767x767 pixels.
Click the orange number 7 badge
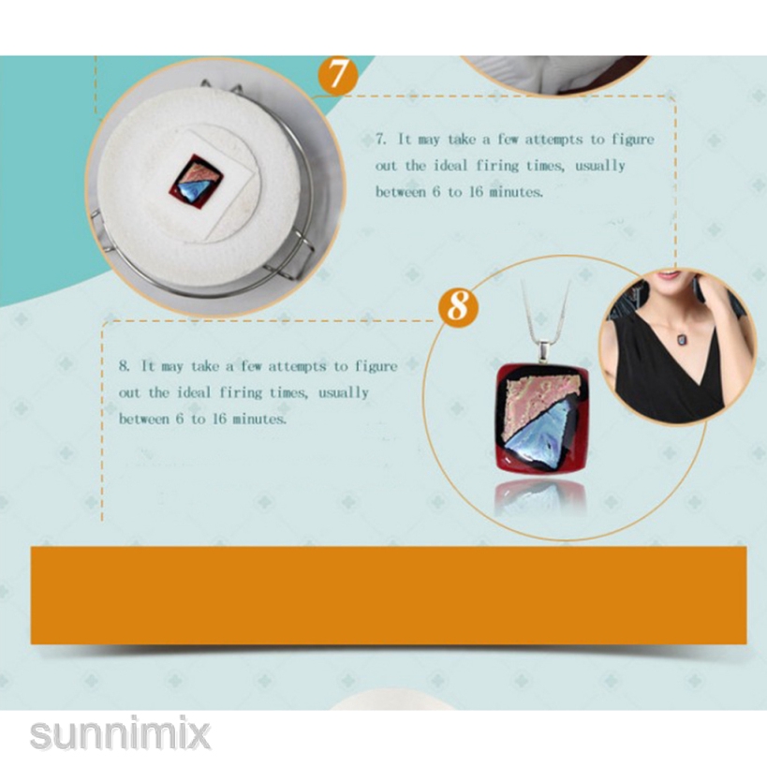[338, 74]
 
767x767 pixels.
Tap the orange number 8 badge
[458, 306]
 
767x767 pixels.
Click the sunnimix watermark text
[120, 733]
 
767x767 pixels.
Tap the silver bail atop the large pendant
[544, 353]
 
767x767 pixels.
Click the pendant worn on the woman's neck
[682, 337]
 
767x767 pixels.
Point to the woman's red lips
[666, 275]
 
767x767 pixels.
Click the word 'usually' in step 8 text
[344, 393]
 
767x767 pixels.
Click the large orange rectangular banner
[389, 595]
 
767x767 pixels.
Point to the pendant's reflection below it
[540, 497]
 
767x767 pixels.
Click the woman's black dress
[672, 372]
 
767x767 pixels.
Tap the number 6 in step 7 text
[435, 192]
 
